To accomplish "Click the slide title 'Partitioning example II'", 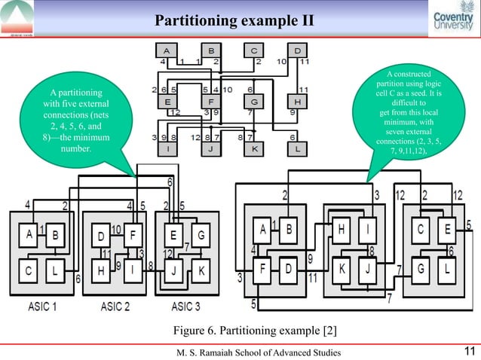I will click(x=234, y=17).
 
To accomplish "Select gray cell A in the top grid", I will click(x=165, y=50).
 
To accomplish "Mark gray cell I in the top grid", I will click(x=165, y=148).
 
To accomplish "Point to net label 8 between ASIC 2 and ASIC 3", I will click(x=151, y=265).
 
